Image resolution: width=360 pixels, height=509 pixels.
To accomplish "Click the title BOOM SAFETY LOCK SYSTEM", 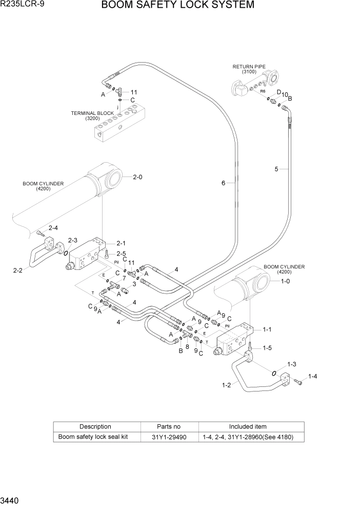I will [177, 6].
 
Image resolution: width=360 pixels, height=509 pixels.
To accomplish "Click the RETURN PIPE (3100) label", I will [248, 69].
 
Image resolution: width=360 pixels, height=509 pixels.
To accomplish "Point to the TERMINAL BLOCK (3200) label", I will [92, 115].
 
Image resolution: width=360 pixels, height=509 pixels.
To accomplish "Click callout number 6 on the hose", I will [224, 183].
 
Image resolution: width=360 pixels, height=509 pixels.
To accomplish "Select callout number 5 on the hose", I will [276, 169].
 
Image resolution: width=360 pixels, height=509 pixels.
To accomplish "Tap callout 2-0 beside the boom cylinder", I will [137, 177].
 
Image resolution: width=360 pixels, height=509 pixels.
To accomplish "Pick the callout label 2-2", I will [18, 270].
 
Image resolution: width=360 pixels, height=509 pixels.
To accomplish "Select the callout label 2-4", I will [53, 228].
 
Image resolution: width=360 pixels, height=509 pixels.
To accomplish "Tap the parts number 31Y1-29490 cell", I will [169, 437].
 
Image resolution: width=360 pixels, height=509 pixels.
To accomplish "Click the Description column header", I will [95, 426].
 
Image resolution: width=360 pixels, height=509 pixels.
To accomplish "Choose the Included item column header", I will [248, 426].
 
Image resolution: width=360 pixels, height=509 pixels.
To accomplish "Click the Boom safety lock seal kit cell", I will [93, 437].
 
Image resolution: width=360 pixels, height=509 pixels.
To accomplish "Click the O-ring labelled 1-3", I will [275, 373].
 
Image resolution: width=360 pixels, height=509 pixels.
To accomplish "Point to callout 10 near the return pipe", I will [285, 94].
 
